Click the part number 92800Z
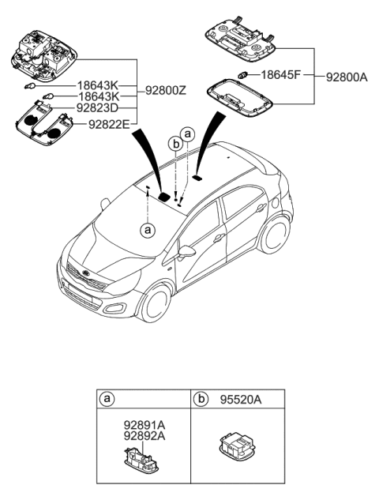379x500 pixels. [165, 91]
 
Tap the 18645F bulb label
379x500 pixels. [280, 74]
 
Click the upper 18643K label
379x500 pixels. [97, 83]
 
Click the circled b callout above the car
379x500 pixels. [175, 144]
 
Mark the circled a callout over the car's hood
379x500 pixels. [147, 230]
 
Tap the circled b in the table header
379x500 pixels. [202, 400]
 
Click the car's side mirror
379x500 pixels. [187, 252]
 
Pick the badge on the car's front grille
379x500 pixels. [86, 277]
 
